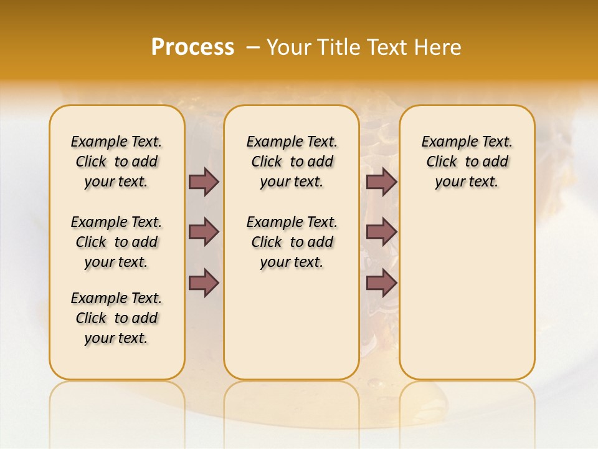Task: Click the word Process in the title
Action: [192, 47]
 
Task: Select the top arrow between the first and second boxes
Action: [204, 181]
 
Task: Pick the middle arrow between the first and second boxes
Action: [204, 233]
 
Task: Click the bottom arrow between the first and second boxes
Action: [204, 283]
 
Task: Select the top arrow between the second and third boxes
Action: [381, 181]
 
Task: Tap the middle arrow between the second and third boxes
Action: [381, 233]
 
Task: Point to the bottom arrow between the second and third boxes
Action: [381, 283]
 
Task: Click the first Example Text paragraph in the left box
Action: [116, 162]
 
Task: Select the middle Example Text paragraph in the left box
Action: [116, 242]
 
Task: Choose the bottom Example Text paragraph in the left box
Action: [116, 318]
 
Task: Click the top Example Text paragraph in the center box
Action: [292, 162]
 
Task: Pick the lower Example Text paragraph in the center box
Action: [292, 242]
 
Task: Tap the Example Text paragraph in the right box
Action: [467, 162]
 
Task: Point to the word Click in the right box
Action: [442, 162]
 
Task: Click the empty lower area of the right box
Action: [467, 293]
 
